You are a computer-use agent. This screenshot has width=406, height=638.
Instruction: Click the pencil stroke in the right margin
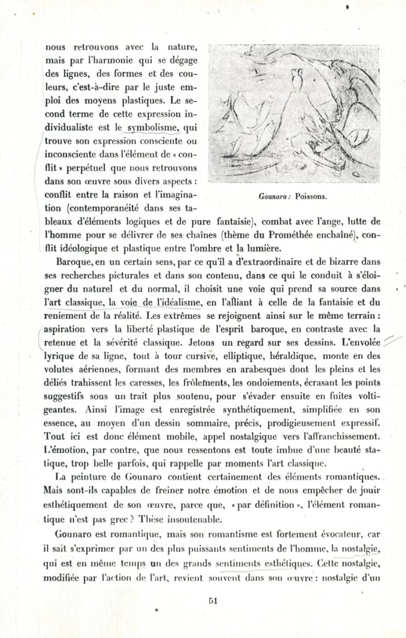coord(392,340)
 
